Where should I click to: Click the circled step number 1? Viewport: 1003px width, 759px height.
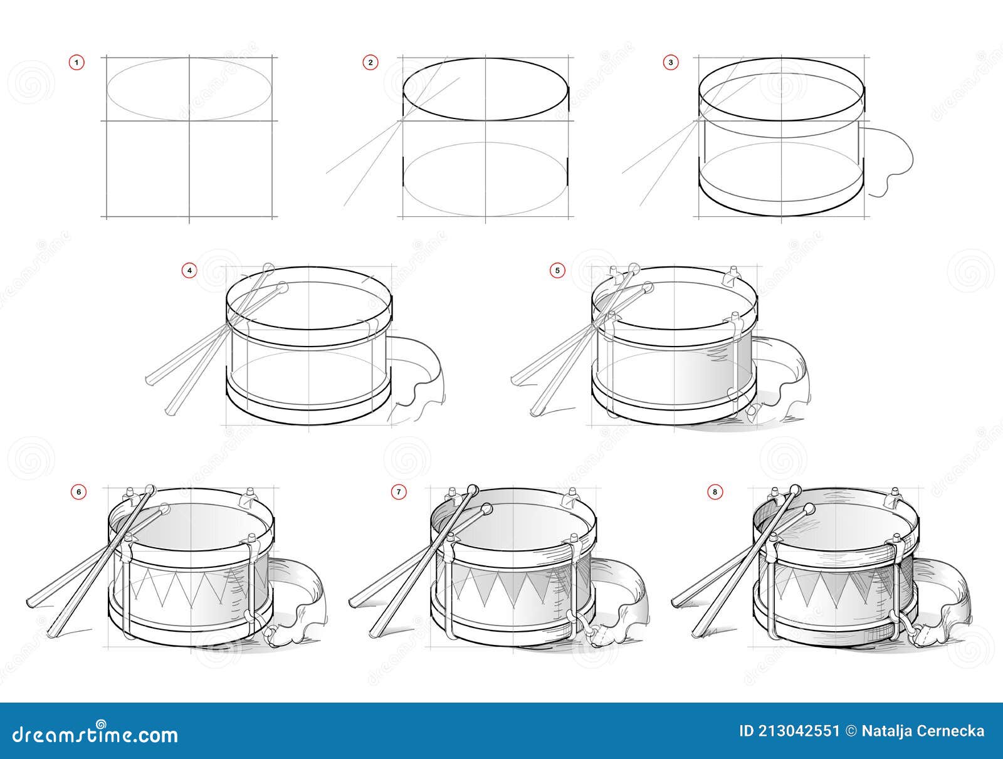76,62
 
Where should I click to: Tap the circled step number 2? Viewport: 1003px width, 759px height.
370,62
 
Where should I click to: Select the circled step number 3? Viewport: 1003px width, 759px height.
671,62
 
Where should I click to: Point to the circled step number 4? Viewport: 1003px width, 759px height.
189,271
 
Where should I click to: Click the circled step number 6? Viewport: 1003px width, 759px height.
78,492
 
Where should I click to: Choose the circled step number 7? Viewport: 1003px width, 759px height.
398,492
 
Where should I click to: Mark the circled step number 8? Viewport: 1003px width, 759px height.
715,492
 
